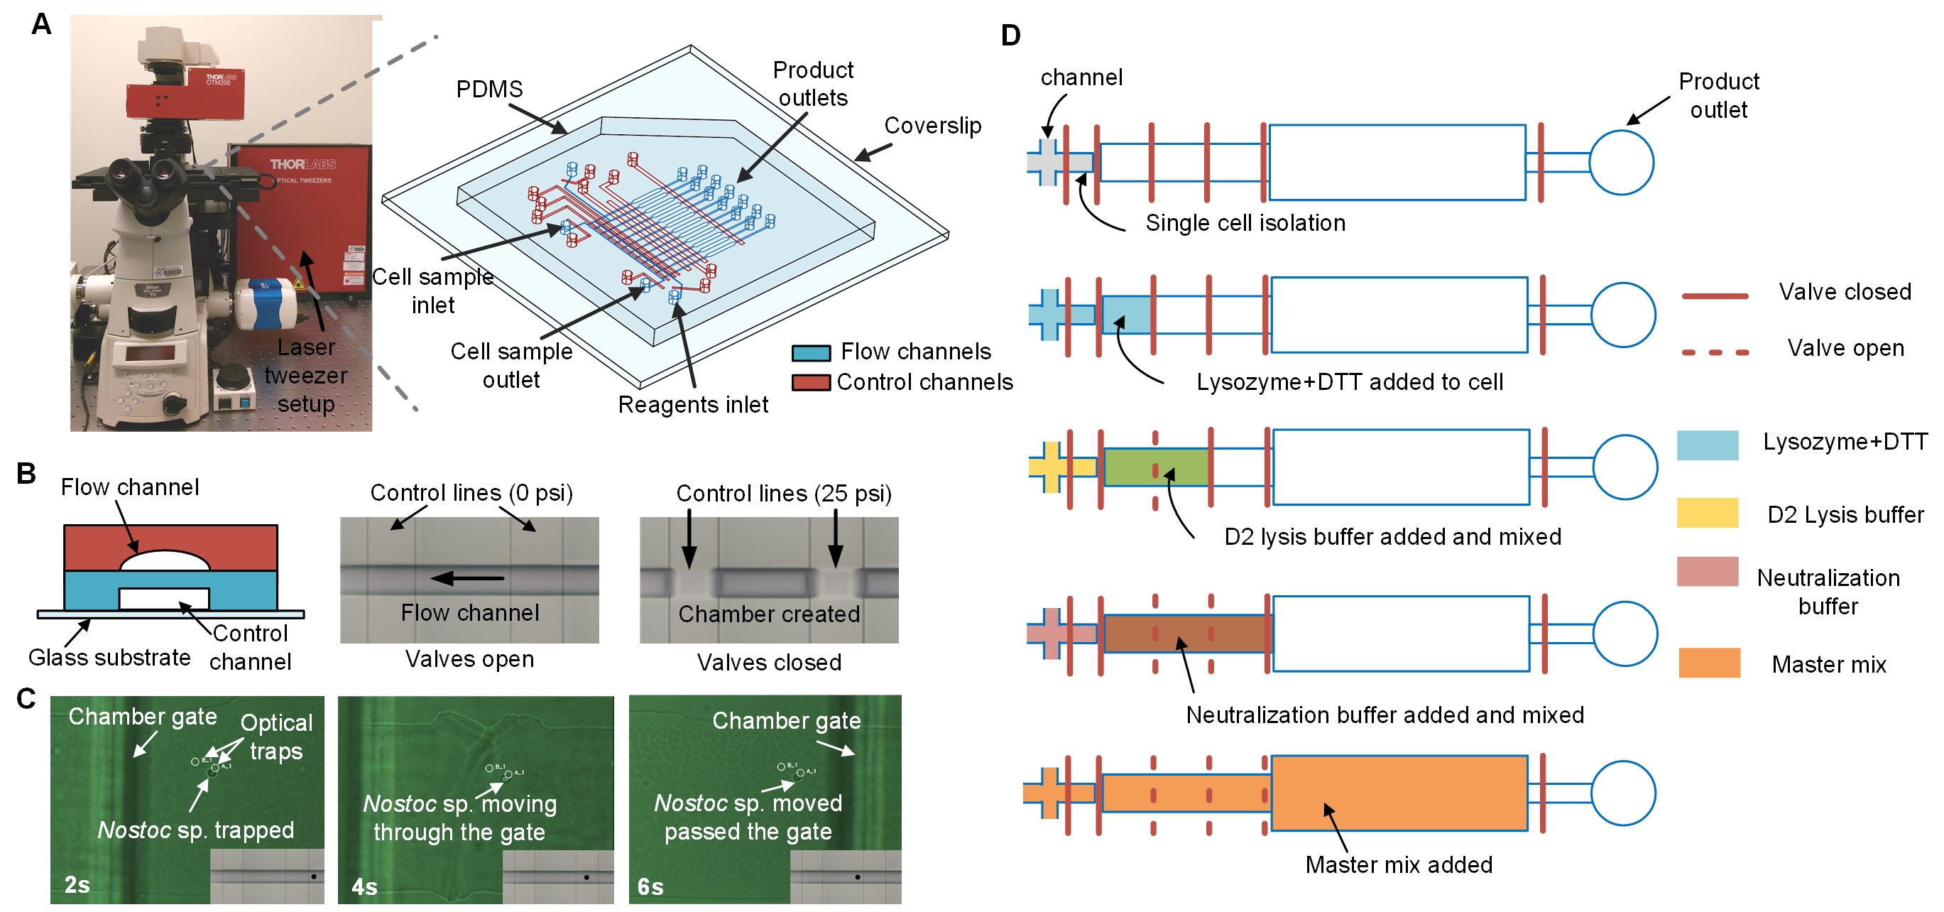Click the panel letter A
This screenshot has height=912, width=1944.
tap(40, 24)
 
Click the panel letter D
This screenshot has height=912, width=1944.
tap(1010, 36)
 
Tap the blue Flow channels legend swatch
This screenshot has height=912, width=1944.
tap(811, 352)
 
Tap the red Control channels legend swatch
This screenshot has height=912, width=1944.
tap(811, 383)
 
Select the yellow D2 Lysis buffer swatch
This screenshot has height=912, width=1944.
tap(1707, 513)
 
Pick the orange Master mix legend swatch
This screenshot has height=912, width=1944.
tap(1708, 662)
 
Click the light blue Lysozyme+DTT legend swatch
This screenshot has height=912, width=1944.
tap(1707, 445)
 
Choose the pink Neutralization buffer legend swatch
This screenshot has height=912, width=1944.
tap(1707, 572)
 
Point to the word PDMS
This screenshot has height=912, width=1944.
tap(489, 89)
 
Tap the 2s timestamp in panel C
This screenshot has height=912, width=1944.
tap(77, 884)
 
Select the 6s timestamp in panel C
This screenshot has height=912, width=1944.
tap(650, 886)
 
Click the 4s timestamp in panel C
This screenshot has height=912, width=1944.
tap(364, 886)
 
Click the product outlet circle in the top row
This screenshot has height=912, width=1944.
tap(1621, 163)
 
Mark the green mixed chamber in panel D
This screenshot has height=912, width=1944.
tap(1154, 467)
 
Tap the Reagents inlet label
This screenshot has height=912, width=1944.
tap(692, 405)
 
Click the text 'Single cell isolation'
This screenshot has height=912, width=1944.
tap(1245, 223)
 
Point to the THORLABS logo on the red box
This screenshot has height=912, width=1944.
tap(302, 164)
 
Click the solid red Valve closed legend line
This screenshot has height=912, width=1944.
tap(1715, 296)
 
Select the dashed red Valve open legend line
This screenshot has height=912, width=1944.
tap(1715, 352)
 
